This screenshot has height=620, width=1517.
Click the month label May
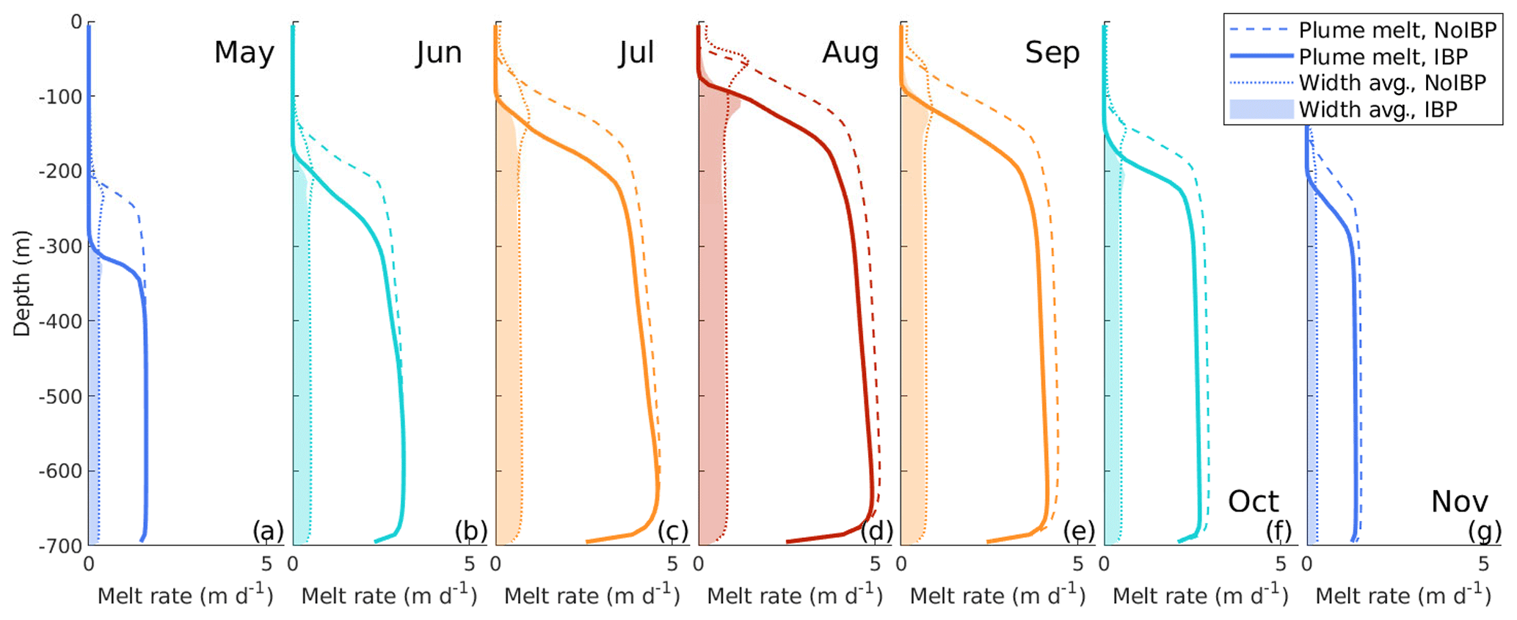pos(244,53)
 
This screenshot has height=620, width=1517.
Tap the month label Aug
pos(850,53)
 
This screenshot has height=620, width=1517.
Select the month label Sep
pos(1052,53)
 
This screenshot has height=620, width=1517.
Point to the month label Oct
pos(1253,503)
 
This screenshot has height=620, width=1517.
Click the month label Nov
pos(1459,503)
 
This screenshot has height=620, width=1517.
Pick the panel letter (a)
pos(268,530)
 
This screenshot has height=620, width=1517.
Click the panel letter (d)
pos(876,530)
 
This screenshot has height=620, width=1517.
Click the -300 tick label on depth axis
pos(60,247)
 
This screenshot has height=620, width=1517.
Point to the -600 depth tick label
pos(60,471)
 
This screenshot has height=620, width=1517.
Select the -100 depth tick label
pos(60,97)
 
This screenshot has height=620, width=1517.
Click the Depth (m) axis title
pos(22,283)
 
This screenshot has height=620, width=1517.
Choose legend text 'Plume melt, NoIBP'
pos(1397,30)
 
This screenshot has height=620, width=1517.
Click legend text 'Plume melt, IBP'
pos(1383,57)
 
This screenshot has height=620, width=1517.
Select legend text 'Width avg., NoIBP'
pos(1392,83)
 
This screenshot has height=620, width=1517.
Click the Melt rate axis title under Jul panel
pos(592,595)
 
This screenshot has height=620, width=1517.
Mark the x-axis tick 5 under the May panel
pos(266,564)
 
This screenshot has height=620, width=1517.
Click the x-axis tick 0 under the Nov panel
pos(1307,564)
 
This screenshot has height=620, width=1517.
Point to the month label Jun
pos(439,53)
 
